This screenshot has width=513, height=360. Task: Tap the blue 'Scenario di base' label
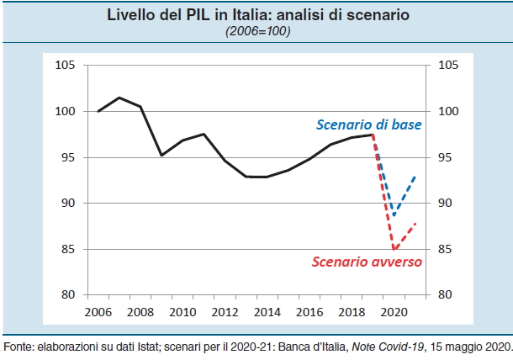(368, 125)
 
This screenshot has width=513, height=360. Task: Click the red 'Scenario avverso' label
(367, 262)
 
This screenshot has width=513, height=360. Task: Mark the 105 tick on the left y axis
(65, 66)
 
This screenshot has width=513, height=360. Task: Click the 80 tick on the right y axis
(447, 295)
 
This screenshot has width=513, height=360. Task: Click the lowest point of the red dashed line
(394, 249)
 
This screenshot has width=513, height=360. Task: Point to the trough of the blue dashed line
(394, 215)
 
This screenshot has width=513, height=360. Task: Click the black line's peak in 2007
(119, 98)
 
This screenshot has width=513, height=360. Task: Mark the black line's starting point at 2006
(98, 111)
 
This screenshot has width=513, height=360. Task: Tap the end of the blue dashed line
(415, 177)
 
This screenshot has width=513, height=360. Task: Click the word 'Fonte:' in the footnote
(19, 347)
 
